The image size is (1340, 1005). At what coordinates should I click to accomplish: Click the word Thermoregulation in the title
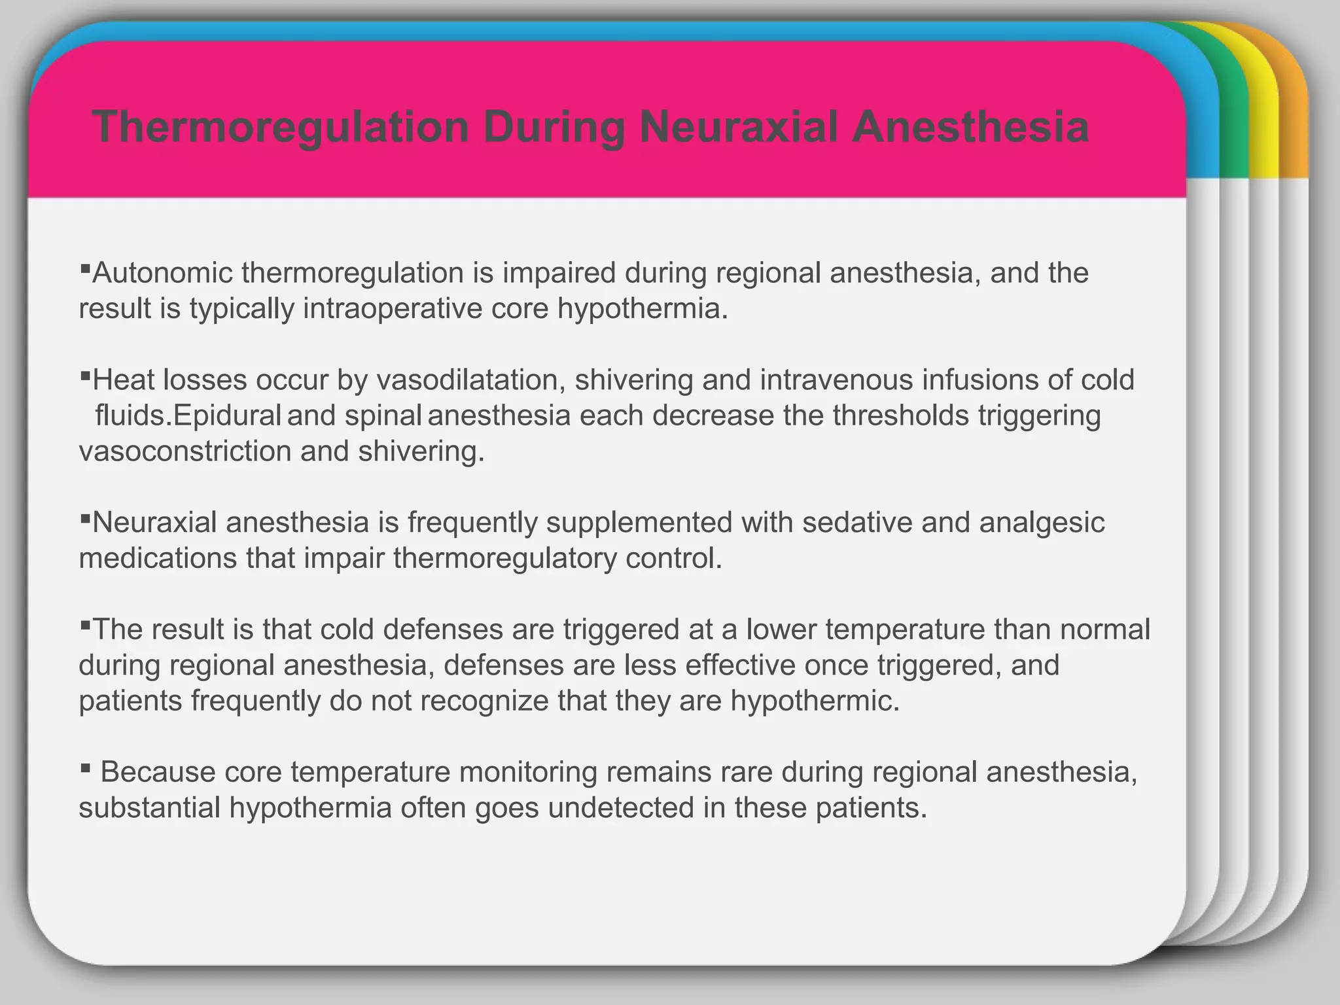[281, 127]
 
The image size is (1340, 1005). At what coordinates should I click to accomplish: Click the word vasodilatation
[470, 380]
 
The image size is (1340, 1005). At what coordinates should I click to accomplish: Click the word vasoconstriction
[185, 451]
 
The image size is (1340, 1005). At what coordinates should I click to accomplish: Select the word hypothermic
[815, 701]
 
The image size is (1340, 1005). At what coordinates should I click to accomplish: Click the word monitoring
[529, 772]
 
